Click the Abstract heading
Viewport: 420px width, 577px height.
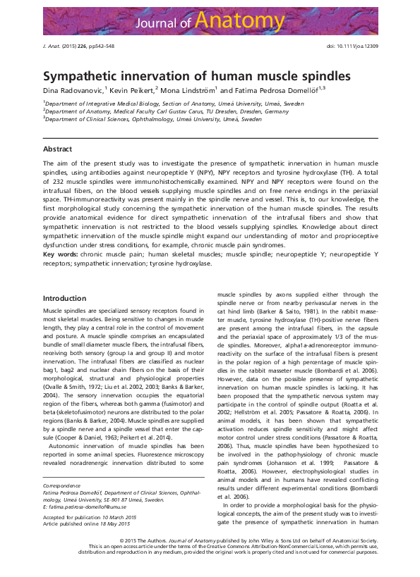click(57, 149)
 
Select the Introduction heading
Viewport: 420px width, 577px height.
click(64, 299)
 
